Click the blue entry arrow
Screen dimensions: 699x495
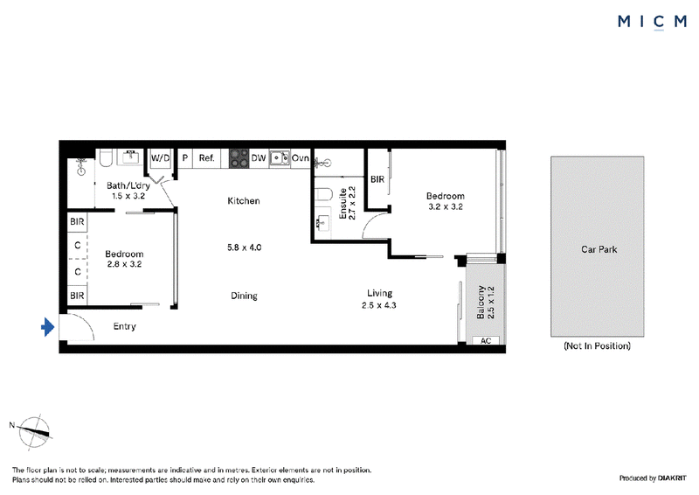tap(48, 327)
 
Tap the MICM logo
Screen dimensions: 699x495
tap(652, 21)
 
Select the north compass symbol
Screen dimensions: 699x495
tap(34, 431)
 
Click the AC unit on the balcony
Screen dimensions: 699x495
tap(486, 340)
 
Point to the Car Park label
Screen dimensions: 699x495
tap(599, 249)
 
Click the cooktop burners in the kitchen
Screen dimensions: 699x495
tap(239, 158)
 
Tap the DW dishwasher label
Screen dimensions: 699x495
tap(259, 158)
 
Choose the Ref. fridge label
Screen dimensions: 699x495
tap(206, 158)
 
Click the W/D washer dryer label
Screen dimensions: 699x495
tap(161, 158)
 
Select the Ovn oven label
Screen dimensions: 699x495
tap(300, 158)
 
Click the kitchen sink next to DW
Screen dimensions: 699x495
tap(280, 158)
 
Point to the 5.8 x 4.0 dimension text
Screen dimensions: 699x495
tap(245, 247)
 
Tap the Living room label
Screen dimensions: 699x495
tap(380, 293)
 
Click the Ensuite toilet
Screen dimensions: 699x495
tap(323, 196)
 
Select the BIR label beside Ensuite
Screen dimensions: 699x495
tap(377, 179)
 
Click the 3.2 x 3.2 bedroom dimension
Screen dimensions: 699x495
tap(446, 206)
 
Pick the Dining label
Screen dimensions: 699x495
tap(245, 296)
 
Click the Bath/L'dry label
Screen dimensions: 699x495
tap(128, 185)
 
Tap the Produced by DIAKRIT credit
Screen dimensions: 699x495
tap(653, 478)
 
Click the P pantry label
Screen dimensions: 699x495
tap(185, 158)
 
